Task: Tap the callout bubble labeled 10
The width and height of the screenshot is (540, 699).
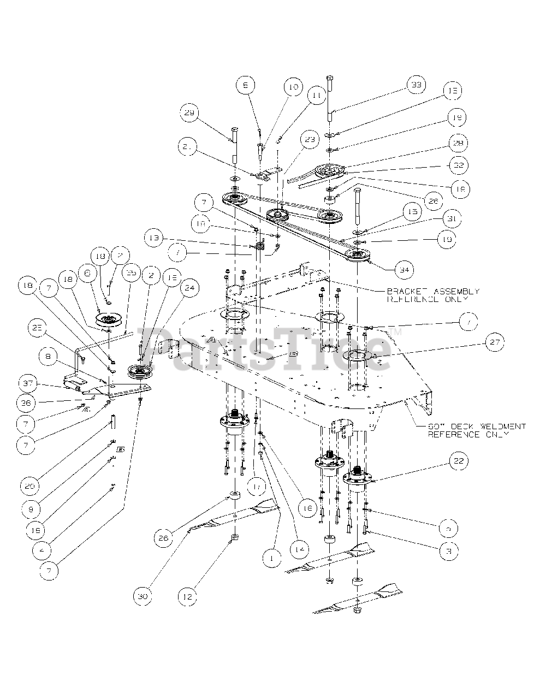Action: [x=293, y=87]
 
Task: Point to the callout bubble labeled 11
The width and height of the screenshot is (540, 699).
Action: [x=316, y=96]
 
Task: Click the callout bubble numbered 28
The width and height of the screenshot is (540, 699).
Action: [x=458, y=143]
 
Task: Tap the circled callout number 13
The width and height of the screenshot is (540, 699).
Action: [x=154, y=239]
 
